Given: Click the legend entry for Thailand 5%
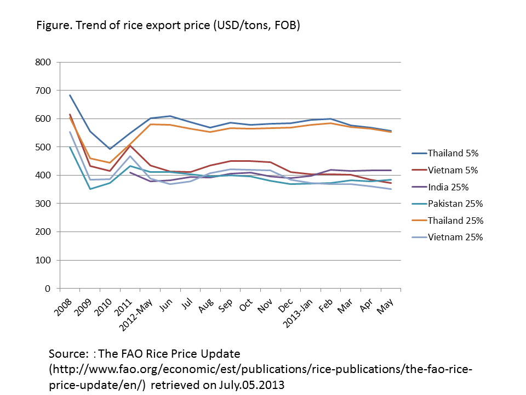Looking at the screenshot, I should (449, 153).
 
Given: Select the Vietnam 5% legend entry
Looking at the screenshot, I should (448, 170).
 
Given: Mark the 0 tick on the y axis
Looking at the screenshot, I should (48, 289).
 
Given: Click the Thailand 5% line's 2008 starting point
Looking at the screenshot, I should (70, 95).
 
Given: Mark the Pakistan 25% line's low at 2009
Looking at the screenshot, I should (90, 189).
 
